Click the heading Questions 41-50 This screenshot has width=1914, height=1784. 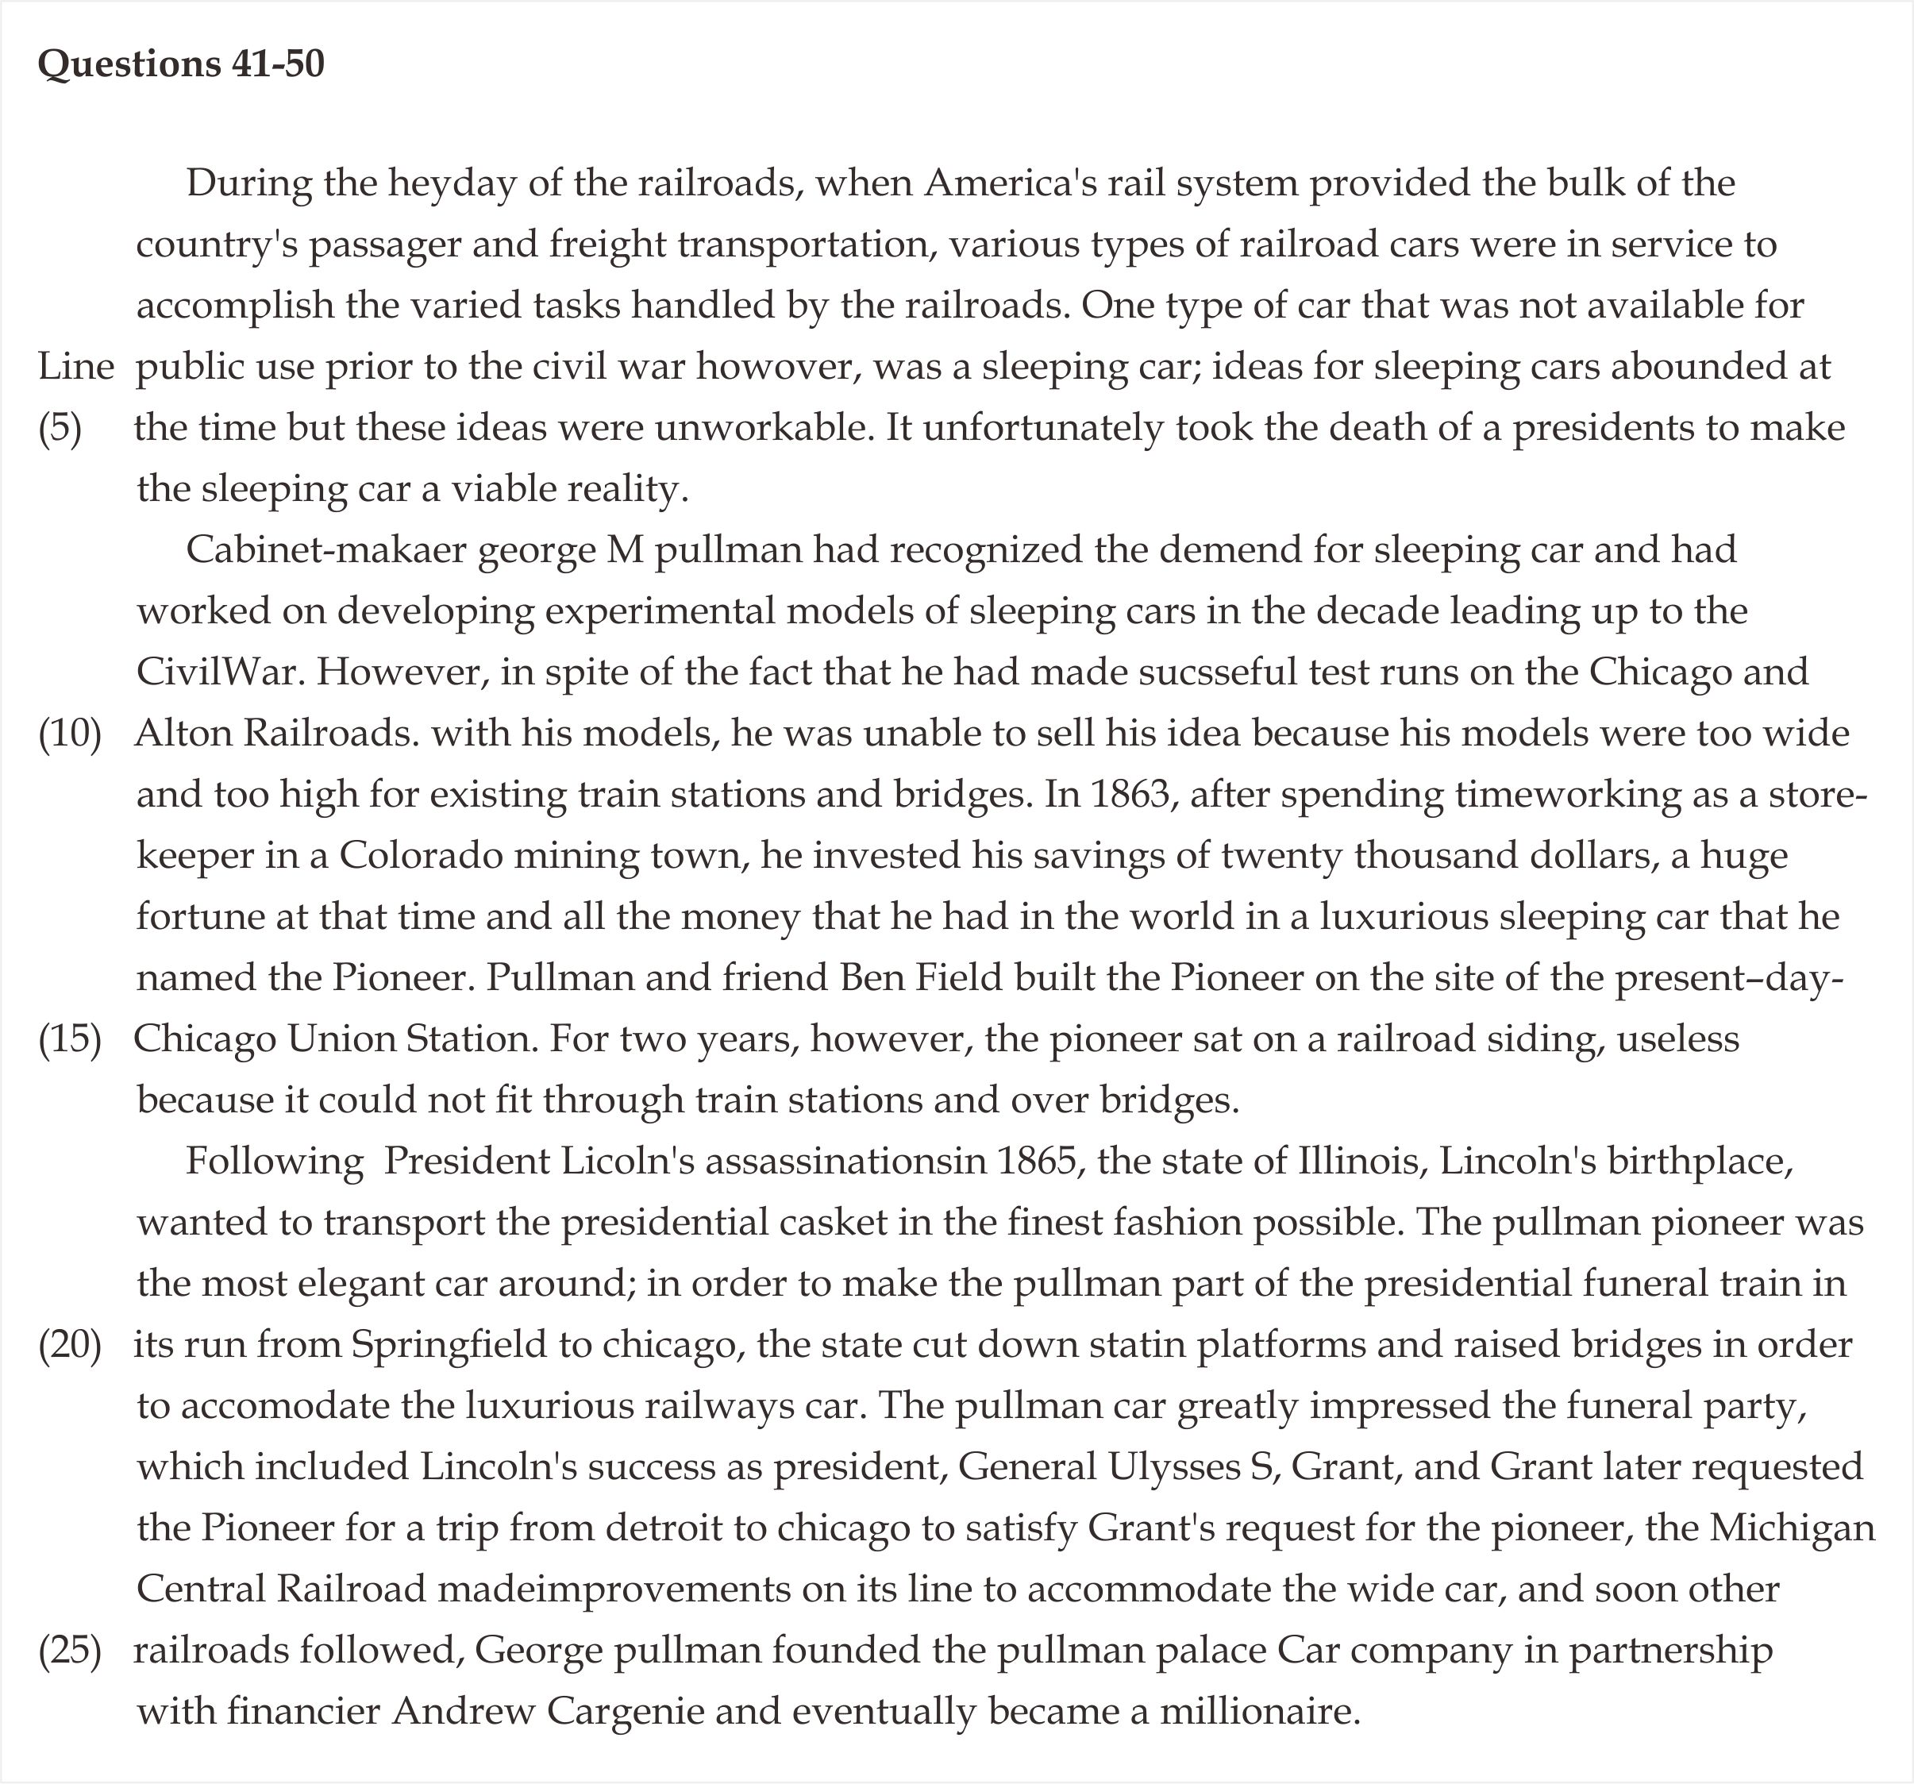coord(181,64)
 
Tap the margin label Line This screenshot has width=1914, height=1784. coord(76,367)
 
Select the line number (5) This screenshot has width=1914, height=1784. coord(60,429)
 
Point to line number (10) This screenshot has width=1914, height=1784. coord(69,734)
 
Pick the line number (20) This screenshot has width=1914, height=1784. coord(69,1345)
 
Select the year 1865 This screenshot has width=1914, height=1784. coord(1036,1161)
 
